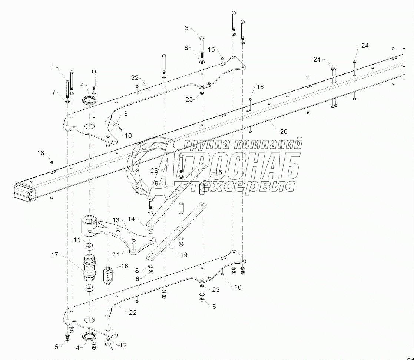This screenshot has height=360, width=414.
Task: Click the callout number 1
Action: tap(53, 67)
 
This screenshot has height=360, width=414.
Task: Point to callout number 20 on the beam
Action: tap(284, 131)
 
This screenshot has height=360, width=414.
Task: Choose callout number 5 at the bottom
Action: tap(56, 347)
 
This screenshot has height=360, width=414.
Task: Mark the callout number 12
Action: tap(123, 345)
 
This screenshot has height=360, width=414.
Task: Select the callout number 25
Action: tap(154, 170)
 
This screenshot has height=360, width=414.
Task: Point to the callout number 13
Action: tap(116, 220)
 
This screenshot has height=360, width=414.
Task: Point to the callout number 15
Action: tap(219, 172)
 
